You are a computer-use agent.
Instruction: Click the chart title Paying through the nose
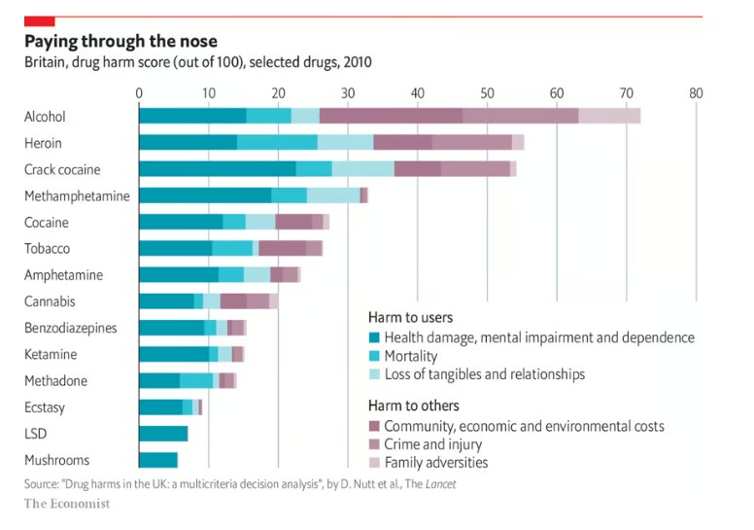120,42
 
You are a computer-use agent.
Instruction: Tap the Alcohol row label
45,117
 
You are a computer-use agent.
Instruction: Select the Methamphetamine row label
77,196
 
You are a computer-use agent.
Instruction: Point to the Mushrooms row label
56,460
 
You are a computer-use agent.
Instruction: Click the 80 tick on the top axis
696,93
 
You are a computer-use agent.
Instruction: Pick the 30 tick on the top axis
348,93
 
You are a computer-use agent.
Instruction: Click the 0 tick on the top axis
139,93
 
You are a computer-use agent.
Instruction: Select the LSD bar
163,434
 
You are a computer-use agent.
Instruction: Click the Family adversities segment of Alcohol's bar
609,117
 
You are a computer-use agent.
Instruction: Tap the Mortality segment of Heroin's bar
277,143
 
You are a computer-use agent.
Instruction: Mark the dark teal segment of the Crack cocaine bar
217,169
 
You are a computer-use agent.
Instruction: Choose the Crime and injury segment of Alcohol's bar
520,117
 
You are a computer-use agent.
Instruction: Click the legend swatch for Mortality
374,357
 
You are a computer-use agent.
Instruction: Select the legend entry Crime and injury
436,444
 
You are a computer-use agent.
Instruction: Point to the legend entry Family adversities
436,463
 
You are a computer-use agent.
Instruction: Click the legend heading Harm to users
410,318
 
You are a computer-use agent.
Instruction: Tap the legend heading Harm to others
413,406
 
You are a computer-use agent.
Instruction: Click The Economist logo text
67,504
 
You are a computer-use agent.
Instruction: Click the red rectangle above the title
39,21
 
